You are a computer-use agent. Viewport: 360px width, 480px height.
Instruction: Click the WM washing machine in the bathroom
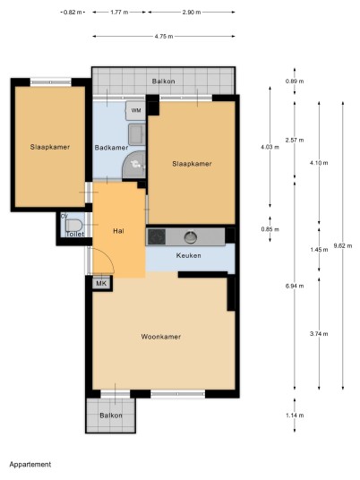tap(136, 110)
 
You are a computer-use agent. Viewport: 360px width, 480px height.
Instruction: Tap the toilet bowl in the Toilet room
tap(74, 226)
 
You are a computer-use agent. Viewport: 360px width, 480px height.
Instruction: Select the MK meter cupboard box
tap(101, 283)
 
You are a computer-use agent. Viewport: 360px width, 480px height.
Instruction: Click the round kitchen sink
tap(191, 237)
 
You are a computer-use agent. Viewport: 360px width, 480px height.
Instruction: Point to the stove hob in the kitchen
tap(157, 236)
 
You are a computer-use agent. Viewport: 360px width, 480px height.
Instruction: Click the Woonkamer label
tap(160, 337)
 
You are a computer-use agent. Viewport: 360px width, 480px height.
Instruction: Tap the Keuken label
tap(189, 255)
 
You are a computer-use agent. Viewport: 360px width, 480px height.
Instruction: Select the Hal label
tap(118, 231)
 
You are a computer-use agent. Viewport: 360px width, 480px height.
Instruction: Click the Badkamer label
tap(111, 148)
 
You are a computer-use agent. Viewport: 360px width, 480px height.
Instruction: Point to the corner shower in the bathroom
tap(134, 165)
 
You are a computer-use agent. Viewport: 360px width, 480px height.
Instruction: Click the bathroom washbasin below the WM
tap(137, 134)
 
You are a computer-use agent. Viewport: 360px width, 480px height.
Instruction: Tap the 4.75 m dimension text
tap(164, 37)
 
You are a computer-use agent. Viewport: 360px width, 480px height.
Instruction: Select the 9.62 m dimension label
tap(343, 245)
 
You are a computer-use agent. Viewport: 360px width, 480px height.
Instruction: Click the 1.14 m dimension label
tap(295, 416)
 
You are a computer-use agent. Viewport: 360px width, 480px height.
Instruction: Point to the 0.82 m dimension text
tap(73, 13)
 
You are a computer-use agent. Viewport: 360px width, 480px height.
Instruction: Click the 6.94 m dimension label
tap(295, 286)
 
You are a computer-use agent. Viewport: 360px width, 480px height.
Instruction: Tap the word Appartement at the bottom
tap(30, 465)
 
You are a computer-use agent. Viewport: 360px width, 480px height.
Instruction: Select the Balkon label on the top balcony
tap(164, 81)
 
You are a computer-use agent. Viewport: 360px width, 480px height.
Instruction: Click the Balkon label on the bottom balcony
tap(111, 416)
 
